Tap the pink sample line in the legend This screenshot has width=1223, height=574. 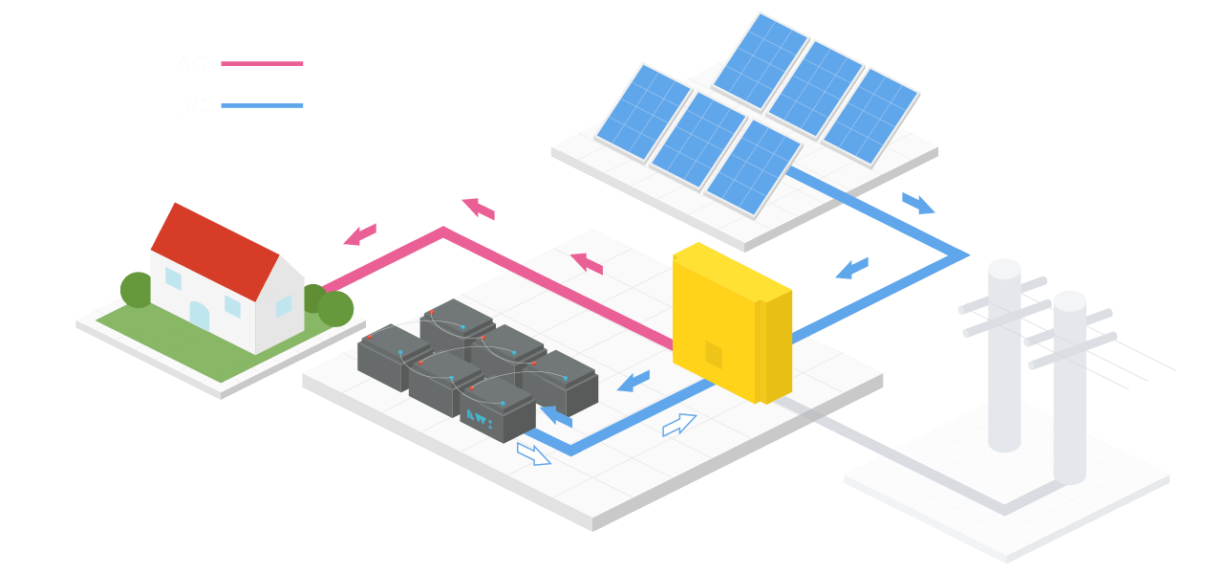(x=262, y=64)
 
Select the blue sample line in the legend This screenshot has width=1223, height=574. (x=262, y=105)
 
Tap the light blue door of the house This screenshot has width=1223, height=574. (x=199, y=316)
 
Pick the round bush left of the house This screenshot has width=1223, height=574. (x=137, y=290)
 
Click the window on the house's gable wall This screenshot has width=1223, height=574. (x=284, y=305)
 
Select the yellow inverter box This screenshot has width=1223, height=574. (x=726, y=320)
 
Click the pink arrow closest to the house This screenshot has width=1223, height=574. (x=360, y=233)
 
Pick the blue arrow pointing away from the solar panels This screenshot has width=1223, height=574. (x=917, y=203)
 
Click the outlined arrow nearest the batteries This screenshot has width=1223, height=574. (x=533, y=453)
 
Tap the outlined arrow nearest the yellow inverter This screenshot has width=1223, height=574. (x=678, y=425)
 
